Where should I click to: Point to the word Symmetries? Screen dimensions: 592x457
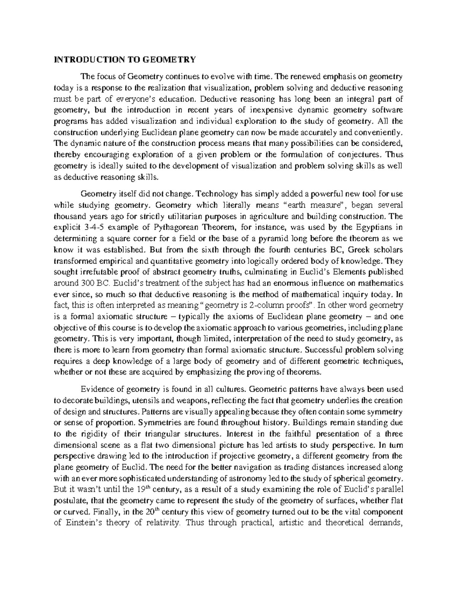pyautogui.click(x=158, y=423)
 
